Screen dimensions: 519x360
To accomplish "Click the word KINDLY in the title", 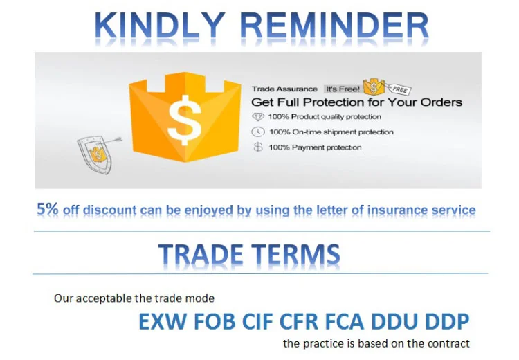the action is pos(158,26).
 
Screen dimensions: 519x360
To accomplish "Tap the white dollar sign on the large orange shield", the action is pos(184,120).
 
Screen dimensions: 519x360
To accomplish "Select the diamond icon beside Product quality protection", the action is pos(258,116).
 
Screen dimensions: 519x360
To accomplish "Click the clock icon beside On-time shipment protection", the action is pos(258,132).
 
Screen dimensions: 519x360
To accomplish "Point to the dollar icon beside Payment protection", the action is pos(258,147).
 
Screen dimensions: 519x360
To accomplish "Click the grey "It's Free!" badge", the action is pos(343,89).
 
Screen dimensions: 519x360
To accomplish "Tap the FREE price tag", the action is pos(399,89).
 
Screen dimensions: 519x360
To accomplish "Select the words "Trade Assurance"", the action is pos(284,89).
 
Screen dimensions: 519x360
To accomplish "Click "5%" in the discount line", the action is pos(47,209).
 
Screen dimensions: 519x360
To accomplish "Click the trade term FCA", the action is pos(344,321).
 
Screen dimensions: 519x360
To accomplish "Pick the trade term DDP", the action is pos(447,321).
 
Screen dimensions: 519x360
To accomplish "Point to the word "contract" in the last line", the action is pos(448,343).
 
